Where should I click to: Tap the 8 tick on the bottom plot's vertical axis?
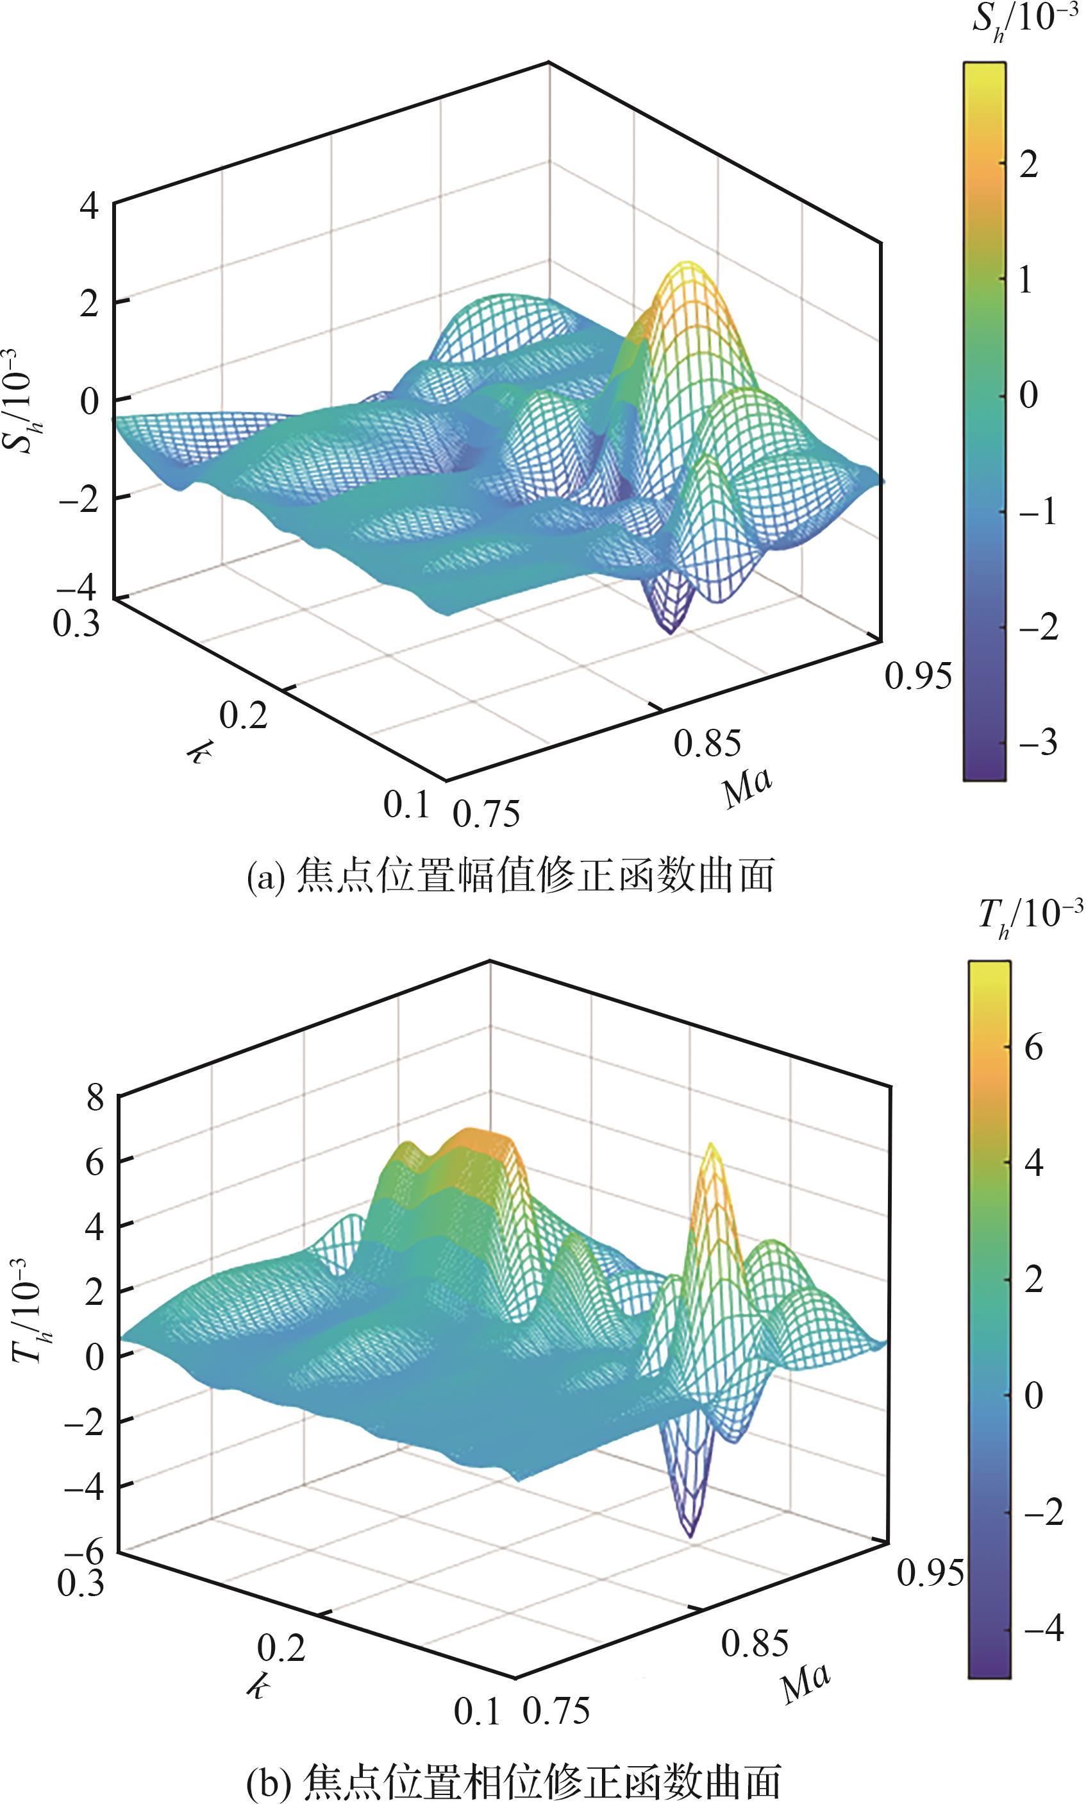click(96, 1100)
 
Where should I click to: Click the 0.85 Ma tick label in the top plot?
click(708, 744)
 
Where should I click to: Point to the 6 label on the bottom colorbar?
click(1033, 1048)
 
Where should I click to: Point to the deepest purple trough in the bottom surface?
click(689, 1535)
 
